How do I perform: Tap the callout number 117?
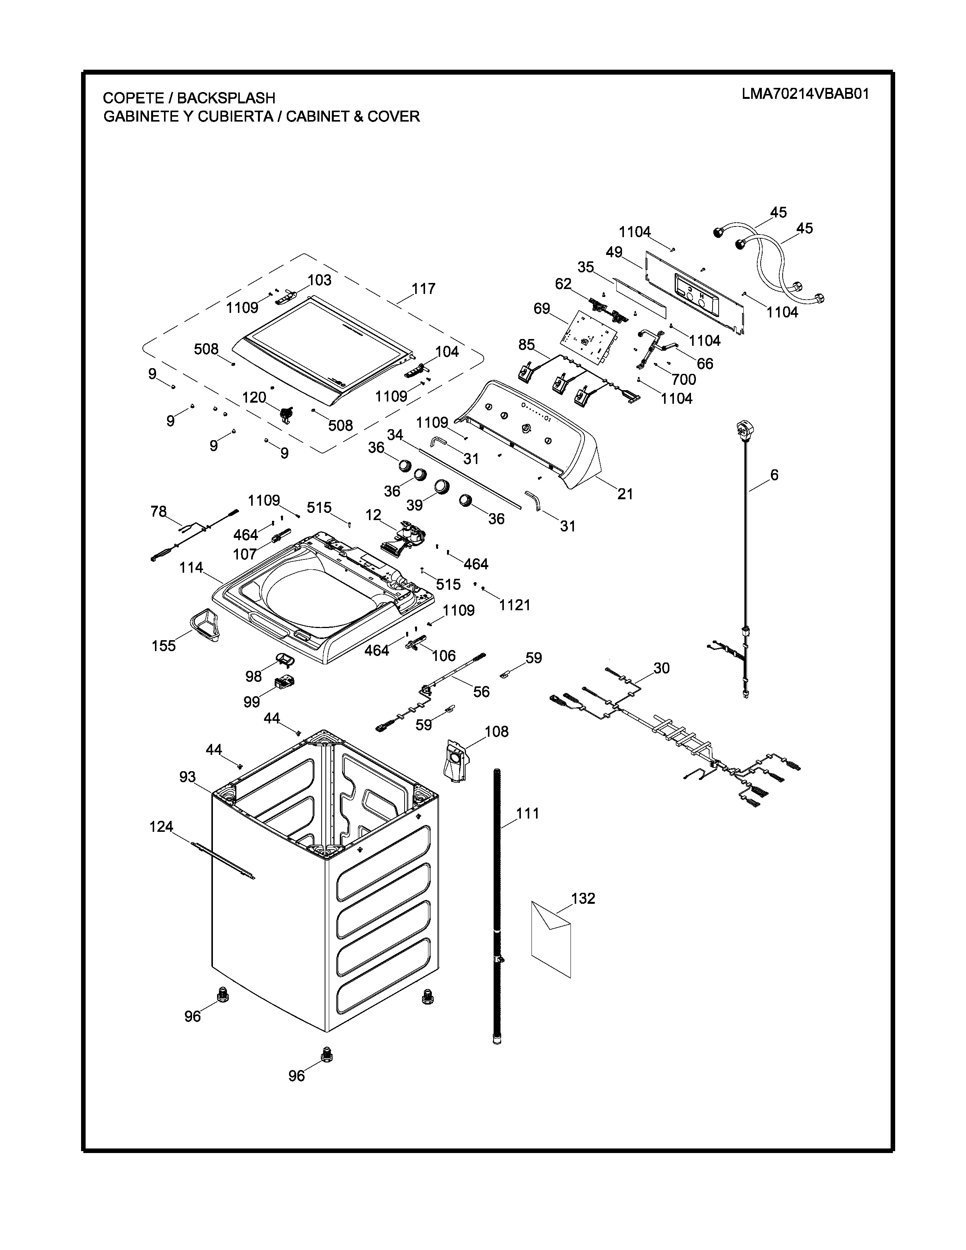pos(424,289)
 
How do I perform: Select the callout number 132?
pos(583,898)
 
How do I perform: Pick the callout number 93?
pos(187,777)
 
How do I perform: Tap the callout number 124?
pos(161,827)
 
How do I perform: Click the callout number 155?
pos(164,645)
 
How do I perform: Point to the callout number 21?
pos(625,493)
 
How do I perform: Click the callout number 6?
pos(774,475)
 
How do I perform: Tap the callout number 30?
pos(661,668)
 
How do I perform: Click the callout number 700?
pos(684,379)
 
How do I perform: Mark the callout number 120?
pos(254,397)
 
